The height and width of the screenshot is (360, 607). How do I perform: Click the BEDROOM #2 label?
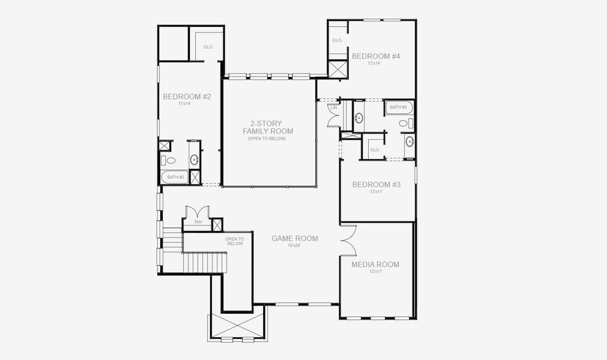[187, 96]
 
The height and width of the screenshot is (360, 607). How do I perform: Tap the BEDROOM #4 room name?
[376, 56]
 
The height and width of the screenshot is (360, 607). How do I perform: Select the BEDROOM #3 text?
[376, 184]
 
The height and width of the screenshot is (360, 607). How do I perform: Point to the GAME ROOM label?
[295, 238]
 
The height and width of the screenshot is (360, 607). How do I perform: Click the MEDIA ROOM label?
[375, 264]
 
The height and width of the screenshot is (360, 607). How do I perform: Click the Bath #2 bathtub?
[175, 177]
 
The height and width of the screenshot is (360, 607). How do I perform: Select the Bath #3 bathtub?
[398, 108]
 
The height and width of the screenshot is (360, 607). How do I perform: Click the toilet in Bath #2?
[171, 161]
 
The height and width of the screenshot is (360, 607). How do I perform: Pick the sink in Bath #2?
[195, 160]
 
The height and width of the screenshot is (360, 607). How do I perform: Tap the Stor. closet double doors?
[197, 212]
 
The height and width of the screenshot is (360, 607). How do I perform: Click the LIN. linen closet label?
[333, 107]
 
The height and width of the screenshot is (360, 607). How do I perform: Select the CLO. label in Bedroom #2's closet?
[208, 47]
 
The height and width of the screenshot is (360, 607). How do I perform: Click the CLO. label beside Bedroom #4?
[337, 40]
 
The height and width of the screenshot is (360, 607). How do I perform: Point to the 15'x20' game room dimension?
[295, 246]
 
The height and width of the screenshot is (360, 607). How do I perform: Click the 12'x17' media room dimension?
[376, 272]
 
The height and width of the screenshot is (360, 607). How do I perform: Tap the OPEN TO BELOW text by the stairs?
[235, 241]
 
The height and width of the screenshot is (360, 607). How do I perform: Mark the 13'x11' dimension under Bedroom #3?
[376, 191]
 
